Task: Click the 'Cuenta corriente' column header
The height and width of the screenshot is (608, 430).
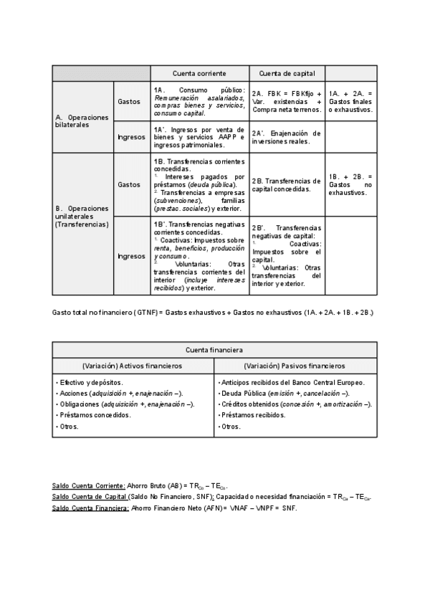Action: pyautogui.click(x=199, y=73)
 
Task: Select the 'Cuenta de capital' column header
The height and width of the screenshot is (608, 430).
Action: pyautogui.click(x=287, y=73)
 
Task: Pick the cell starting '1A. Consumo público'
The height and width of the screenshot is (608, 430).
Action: pyautogui.click(x=199, y=101)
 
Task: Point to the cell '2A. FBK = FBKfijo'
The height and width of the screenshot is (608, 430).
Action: pyautogui.click(x=287, y=101)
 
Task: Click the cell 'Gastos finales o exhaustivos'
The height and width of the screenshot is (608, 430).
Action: pyautogui.click(x=350, y=101)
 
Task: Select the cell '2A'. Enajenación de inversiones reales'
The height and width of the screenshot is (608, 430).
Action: pyautogui.click(x=287, y=137)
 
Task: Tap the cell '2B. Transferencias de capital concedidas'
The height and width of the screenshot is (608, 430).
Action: pyautogui.click(x=287, y=185)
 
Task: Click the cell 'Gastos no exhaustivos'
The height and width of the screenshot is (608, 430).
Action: pyautogui.click(x=350, y=184)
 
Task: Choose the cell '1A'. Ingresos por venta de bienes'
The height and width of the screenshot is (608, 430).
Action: pyautogui.click(x=199, y=136)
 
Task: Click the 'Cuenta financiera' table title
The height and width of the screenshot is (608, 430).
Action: pyautogui.click(x=214, y=350)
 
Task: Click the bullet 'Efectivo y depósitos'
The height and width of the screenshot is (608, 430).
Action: pyautogui.click(x=91, y=383)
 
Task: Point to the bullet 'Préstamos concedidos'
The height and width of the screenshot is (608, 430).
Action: pyautogui.click(x=95, y=415)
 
